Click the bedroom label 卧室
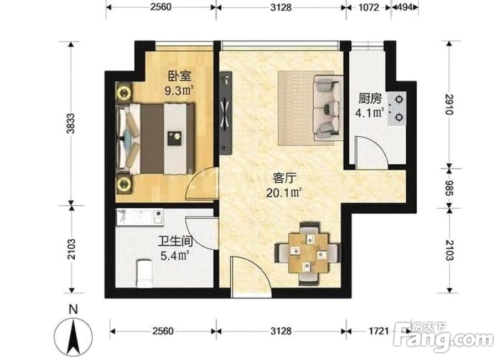point(180,76)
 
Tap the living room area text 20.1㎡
point(283,193)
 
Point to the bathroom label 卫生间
point(174,241)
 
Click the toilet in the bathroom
point(144,273)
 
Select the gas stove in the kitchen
point(397,109)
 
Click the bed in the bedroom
point(156,138)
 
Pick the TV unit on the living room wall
point(226,112)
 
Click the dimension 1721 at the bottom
point(379,331)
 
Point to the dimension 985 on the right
point(448,188)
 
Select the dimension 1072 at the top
point(369,7)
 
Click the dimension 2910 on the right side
point(448,104)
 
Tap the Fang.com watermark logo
point(443,337)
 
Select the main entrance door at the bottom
point(251,276)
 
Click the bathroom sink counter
point(140,215)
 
